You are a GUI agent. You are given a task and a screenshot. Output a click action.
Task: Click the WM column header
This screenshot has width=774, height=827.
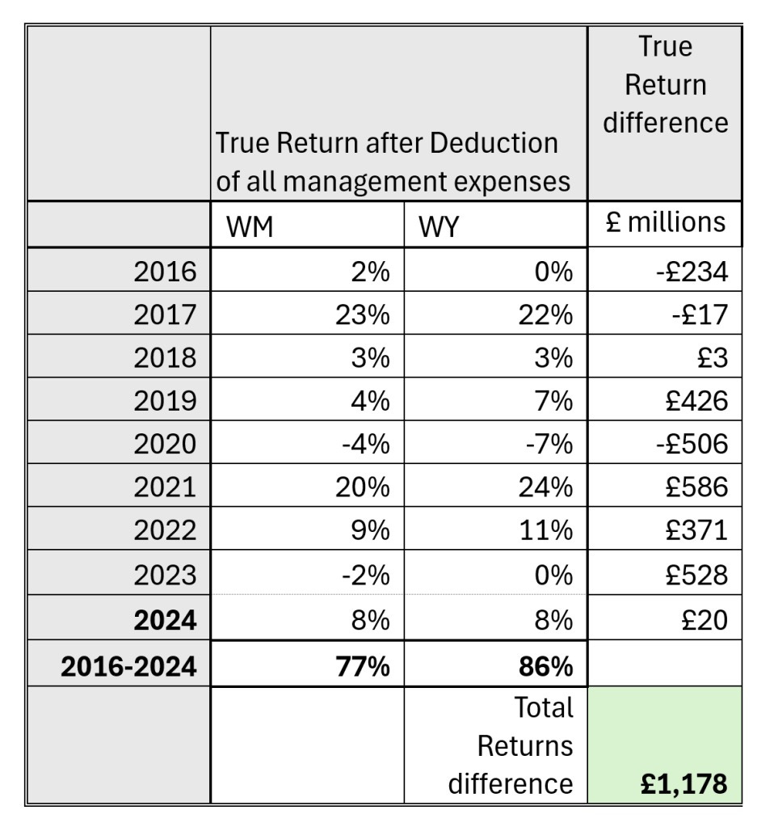coord(250,228)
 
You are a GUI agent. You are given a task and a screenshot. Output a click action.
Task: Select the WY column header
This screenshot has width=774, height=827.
coord(439,228)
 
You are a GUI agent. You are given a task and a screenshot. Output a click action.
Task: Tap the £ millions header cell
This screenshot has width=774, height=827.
coord(665,222)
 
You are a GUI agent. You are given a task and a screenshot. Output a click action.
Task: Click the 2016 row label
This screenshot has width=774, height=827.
coord(166,271)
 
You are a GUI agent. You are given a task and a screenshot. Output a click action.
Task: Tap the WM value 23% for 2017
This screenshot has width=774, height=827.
coord(363,314)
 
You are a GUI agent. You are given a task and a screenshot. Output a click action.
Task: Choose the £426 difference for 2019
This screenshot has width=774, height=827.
coord(697,400)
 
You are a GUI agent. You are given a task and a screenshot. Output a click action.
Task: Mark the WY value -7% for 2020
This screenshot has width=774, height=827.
coord(549,444)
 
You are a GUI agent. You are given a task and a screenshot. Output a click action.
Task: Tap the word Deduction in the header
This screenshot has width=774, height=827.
coord(494,143)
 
